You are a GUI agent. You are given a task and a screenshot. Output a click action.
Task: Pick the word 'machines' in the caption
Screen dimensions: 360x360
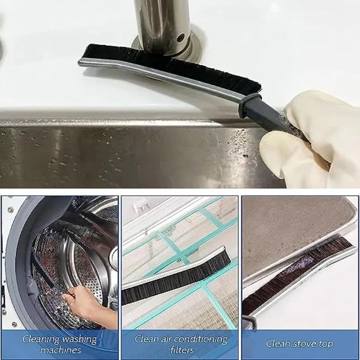[x=60, y=350]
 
